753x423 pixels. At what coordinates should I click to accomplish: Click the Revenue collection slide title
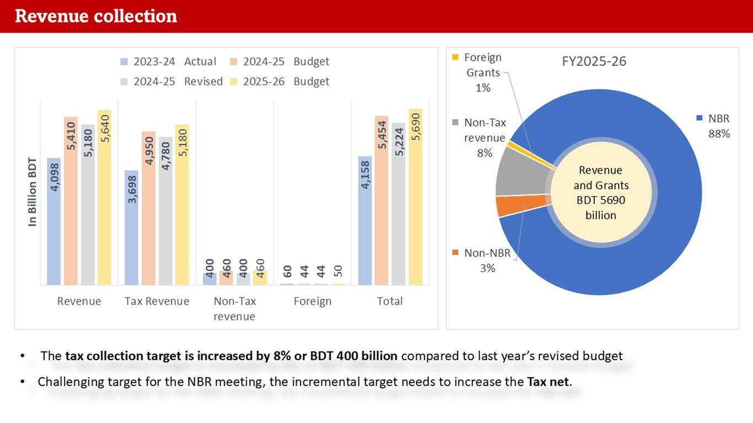click(x=96, y=16)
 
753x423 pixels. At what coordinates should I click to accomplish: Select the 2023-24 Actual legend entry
click(x=168, y=62)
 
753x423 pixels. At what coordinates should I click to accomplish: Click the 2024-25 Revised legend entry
click(x=171, y=82)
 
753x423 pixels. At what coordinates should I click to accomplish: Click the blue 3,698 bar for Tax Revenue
click(x=131, y=227)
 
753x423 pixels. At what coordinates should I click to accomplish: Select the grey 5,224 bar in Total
click(x=399, y=204)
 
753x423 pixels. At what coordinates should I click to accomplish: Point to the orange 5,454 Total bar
click(x=381, y=200)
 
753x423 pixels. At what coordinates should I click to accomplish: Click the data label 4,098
click(x=54, y=176)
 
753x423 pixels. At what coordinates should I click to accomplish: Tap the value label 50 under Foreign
click(x=338, y=271)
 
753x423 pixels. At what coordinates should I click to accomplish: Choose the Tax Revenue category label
click(x=157, y=301)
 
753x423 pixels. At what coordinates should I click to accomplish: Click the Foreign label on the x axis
click(x=313, y=301)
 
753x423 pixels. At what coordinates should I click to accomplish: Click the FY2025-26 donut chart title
click(x=594, y=61)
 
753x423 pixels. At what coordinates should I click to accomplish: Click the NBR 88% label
click(x=718, y=126)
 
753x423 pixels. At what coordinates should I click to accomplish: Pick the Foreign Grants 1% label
click(x=483, y=72)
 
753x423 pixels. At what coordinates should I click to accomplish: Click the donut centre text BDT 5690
click(x=601, y=200)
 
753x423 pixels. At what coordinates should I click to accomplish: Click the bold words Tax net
click(x=548, y=381)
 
